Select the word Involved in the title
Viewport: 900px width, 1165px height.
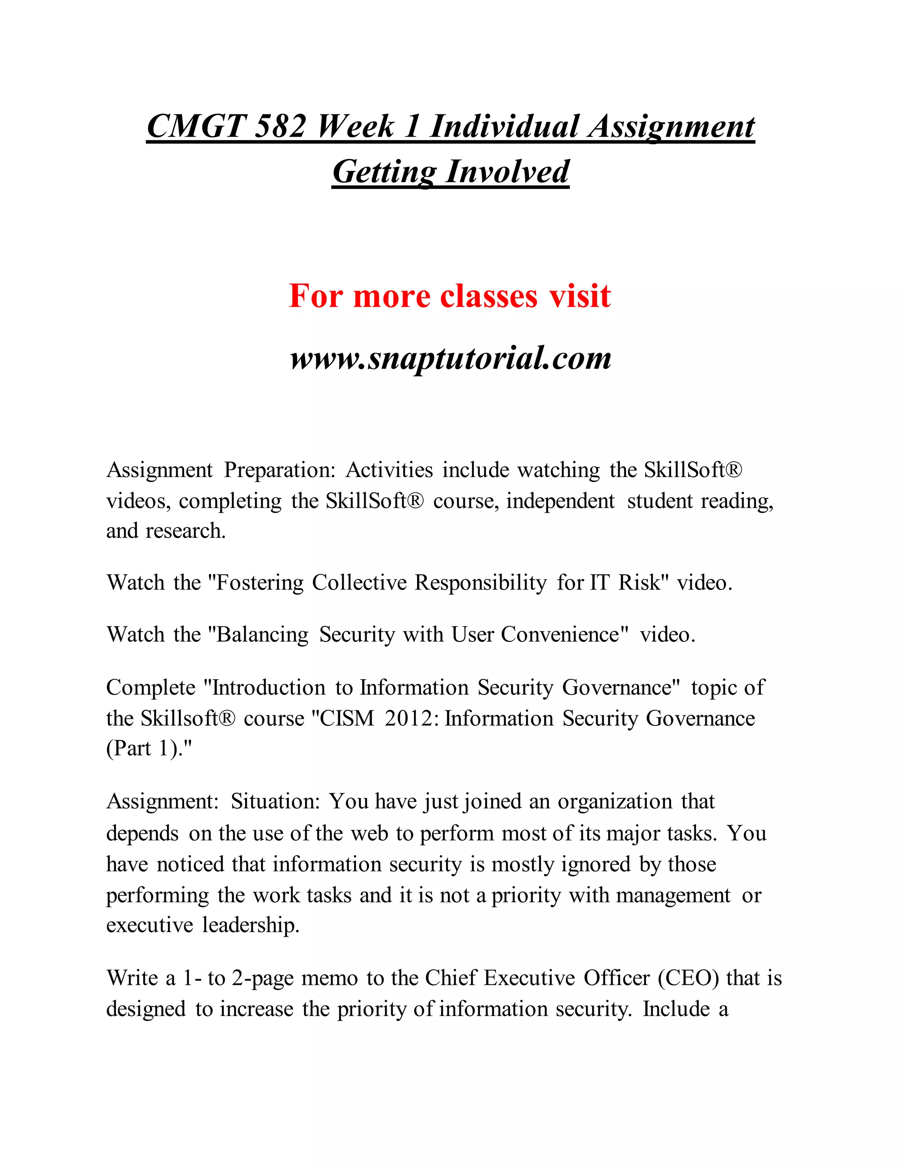(x=508, y=172)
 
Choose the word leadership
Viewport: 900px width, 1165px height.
(x=250, y=925)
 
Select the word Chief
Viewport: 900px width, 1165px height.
(x=450, y=978)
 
